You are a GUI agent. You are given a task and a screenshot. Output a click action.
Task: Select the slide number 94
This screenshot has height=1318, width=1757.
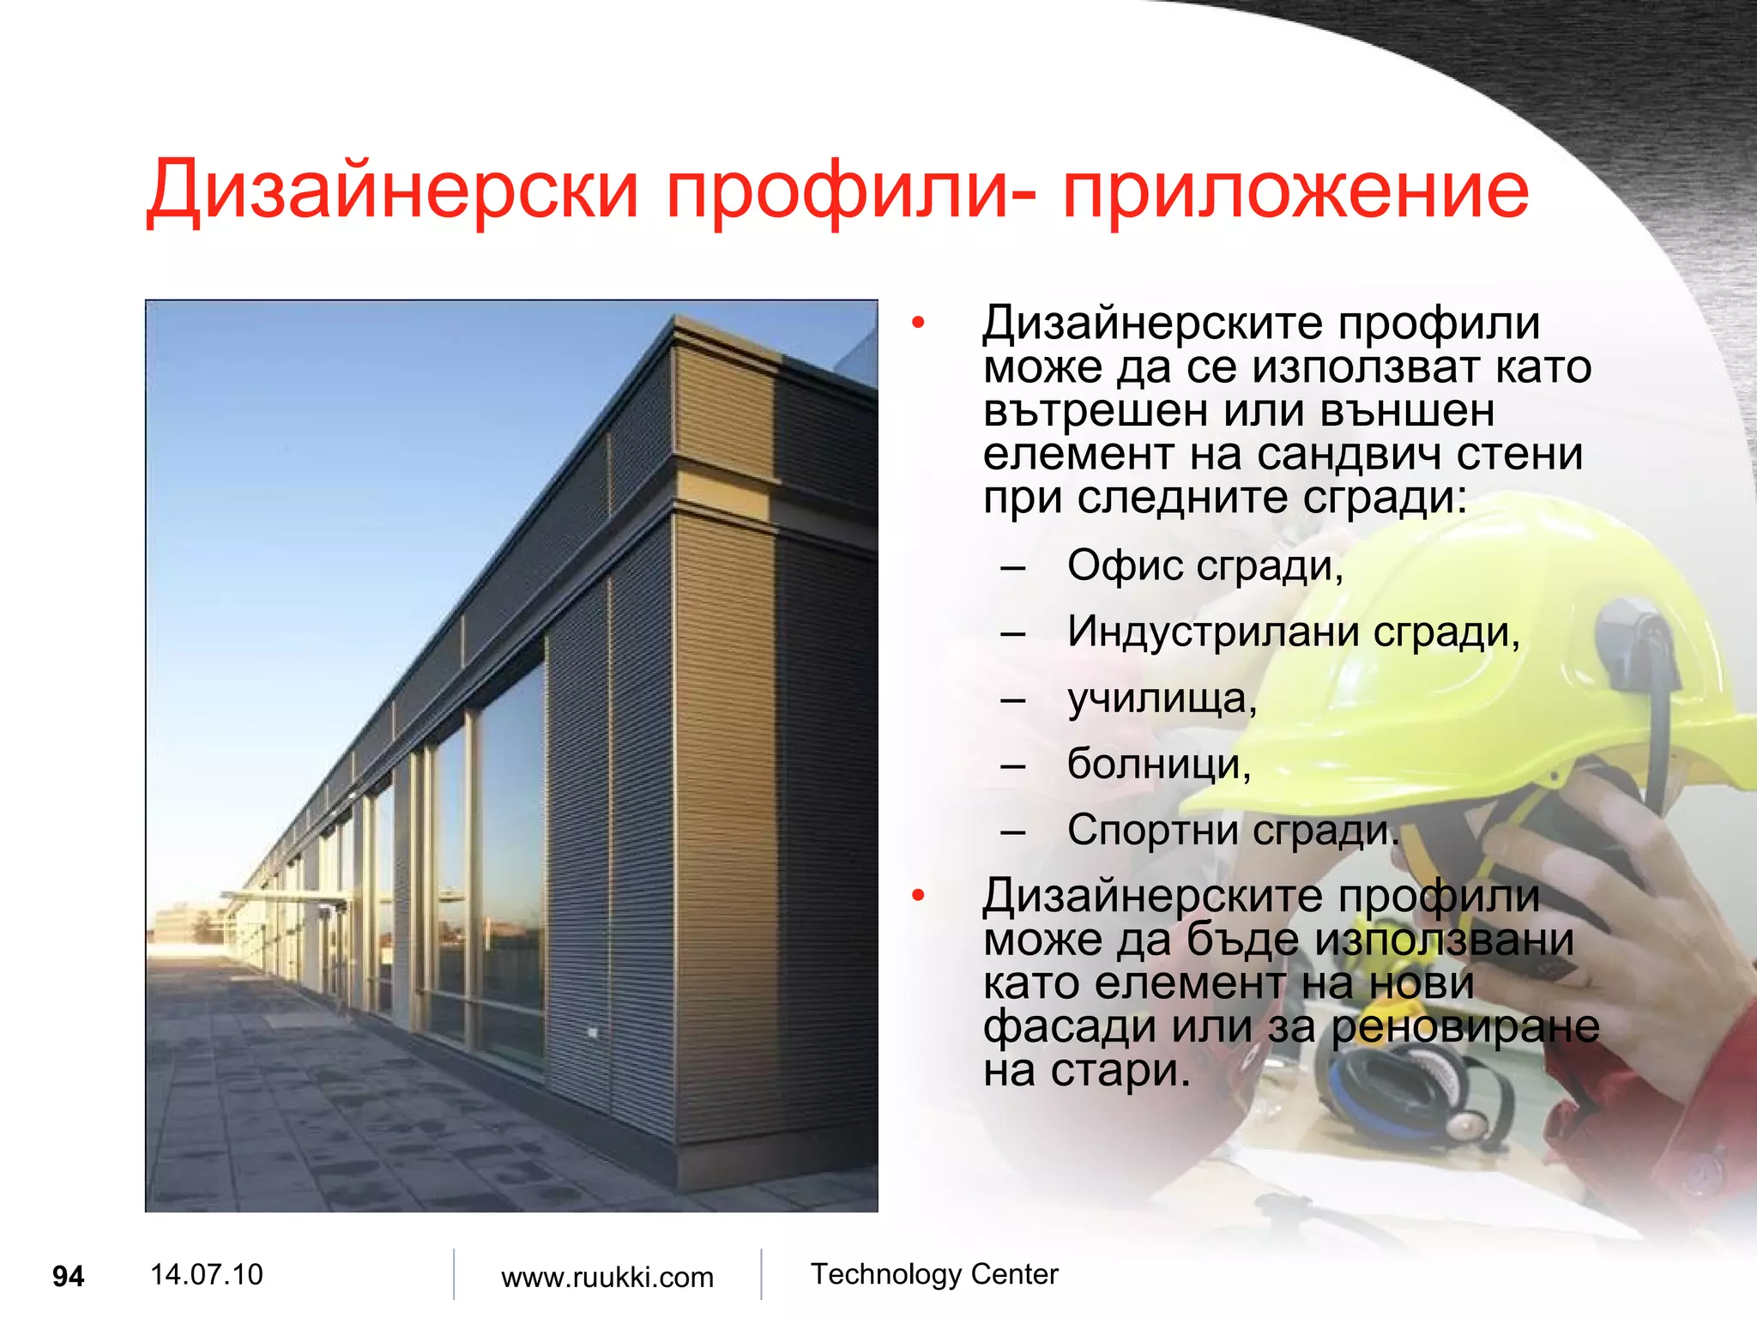click(68, 1277)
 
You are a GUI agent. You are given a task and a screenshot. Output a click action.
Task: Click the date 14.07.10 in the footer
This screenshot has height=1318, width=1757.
click(206, 1274)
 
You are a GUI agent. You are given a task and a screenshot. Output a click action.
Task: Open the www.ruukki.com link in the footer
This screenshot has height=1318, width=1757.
click(607, 1277)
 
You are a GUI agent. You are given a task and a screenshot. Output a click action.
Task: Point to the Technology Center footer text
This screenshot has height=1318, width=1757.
click(934, 1274)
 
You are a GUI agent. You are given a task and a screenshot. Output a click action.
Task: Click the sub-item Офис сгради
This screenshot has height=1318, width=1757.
click(1205, 566)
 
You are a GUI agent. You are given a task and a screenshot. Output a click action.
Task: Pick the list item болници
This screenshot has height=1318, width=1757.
click(1159, 764)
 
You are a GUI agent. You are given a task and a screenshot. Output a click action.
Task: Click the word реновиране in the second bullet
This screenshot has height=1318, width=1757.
click(1465, 1027)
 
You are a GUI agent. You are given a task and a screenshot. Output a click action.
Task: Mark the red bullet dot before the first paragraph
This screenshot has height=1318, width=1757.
click(919, 323)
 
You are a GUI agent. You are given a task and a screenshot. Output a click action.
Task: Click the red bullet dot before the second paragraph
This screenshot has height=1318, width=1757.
click(919, 896)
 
